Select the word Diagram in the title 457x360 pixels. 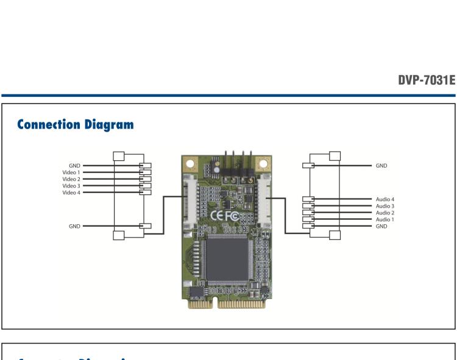click(x=110, y=125)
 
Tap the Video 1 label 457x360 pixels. click(x=71, y=172)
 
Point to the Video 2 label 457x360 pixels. click(x=71, y=179)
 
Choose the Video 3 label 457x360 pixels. click(x=71, y=186)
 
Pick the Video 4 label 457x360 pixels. click(x=71, y=192)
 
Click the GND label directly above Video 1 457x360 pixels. click(x=75, y=165)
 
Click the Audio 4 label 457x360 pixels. click(x=385, y=199)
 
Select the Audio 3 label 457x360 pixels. click(x=385, y=206)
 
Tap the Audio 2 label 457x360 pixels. click(x=385, y=213)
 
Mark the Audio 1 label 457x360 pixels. click(x=385, y=219)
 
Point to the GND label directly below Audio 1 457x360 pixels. click(x=381, y=226)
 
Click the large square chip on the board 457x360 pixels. click(x=225, y=259)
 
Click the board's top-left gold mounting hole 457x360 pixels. click(x=190, y=164)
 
